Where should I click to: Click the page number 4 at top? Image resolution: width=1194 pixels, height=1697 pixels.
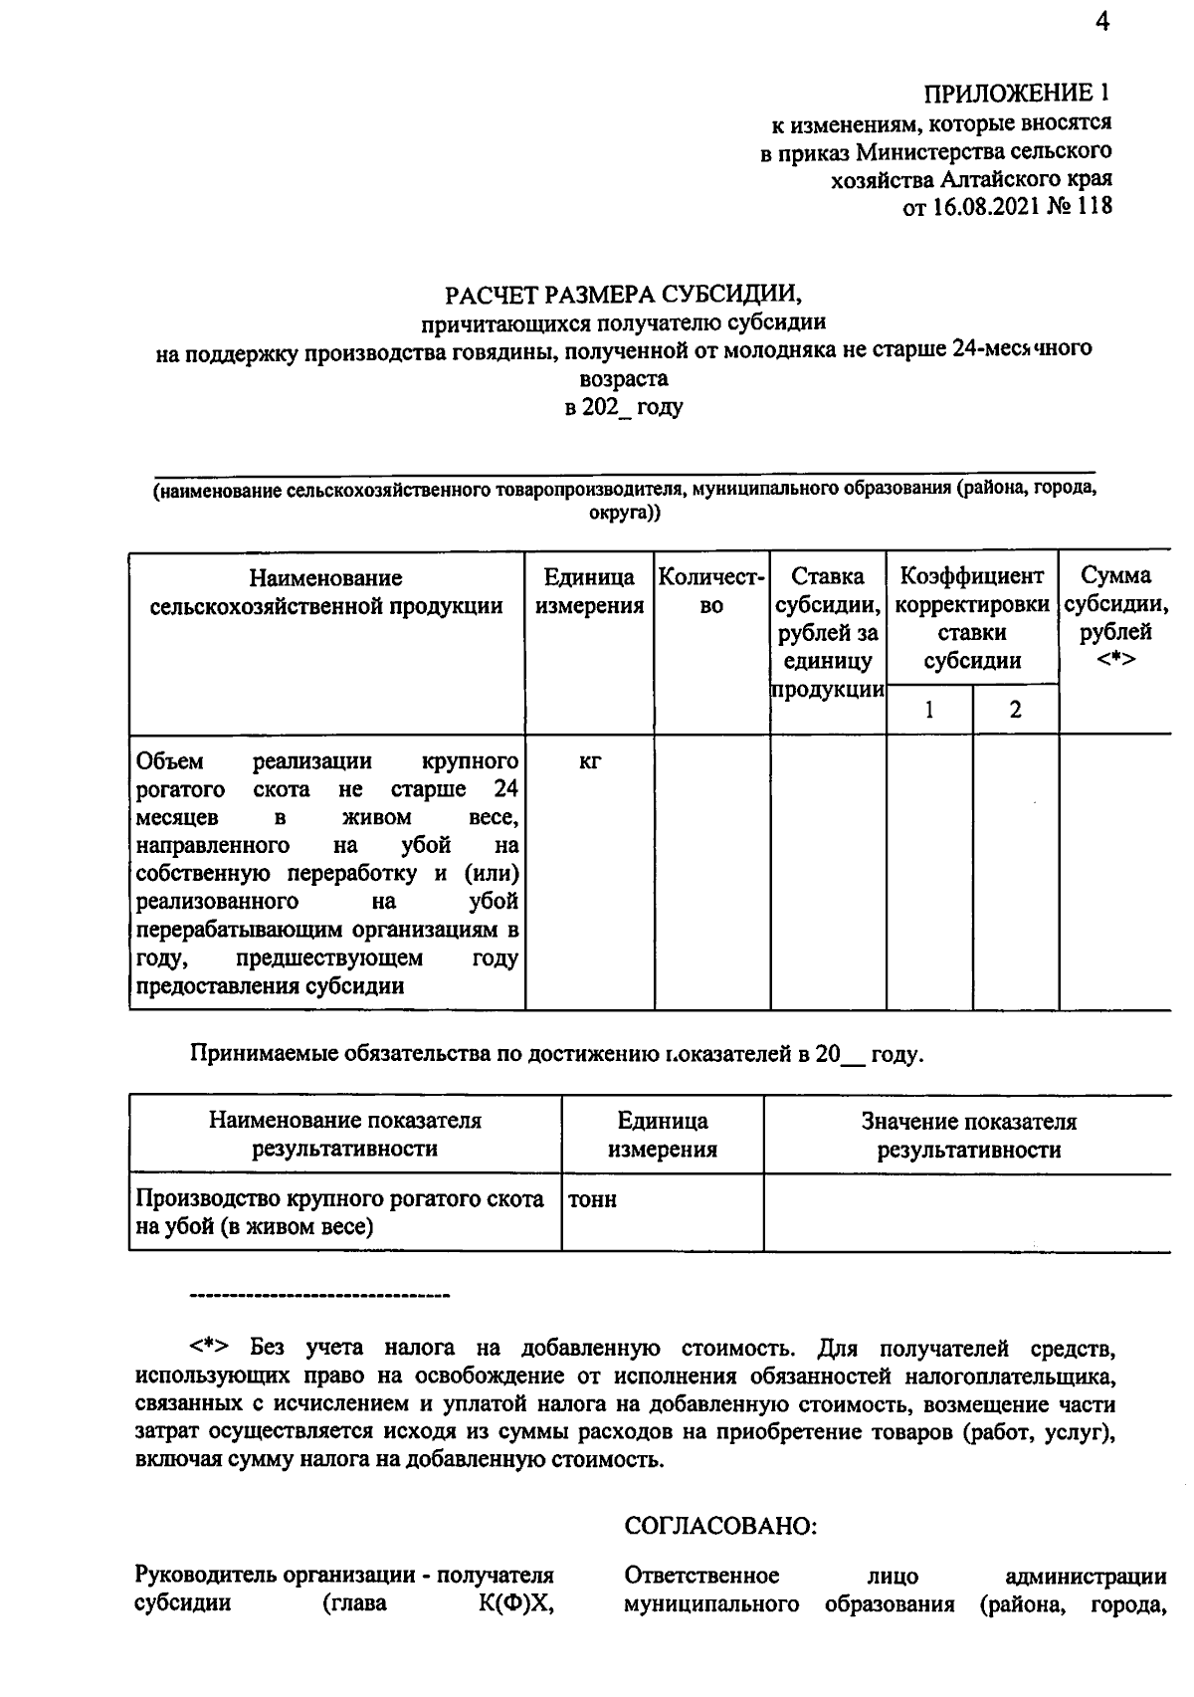tap(1100, 22)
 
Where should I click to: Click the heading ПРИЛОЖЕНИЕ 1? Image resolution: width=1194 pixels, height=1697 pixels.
tap(1016, 94)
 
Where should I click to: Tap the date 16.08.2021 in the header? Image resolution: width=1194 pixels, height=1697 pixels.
tap(985, 207)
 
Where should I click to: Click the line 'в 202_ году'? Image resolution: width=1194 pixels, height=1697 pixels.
tap(623, 407)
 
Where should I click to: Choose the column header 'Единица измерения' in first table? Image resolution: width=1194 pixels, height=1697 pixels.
tap(589, 591)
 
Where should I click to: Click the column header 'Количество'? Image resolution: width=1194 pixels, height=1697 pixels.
tap(711, 591)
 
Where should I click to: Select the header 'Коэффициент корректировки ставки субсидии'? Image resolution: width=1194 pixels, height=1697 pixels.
tap(971, 617)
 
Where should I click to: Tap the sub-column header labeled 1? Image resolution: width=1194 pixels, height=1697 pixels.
tap(929, 710)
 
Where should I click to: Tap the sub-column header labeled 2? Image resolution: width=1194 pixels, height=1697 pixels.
tap(1015, 710)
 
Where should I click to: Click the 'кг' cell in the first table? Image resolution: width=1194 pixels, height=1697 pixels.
tap(589, 762)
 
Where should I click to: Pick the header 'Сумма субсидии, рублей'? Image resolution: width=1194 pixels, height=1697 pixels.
tap(1115, 617)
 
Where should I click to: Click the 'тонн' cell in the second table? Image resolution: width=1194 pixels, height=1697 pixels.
tap(592, 1200)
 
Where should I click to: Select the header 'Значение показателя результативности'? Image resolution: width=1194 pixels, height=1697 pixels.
tap(968, 1136)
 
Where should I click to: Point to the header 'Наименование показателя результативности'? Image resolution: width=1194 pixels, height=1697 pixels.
tap(345, 1135)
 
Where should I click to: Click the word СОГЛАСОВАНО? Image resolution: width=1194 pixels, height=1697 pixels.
tap(720, 1526)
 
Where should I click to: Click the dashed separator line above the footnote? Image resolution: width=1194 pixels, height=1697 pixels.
tap(318, 1296)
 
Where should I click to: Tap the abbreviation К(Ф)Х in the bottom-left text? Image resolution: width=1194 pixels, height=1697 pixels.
tap(515, 1604)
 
